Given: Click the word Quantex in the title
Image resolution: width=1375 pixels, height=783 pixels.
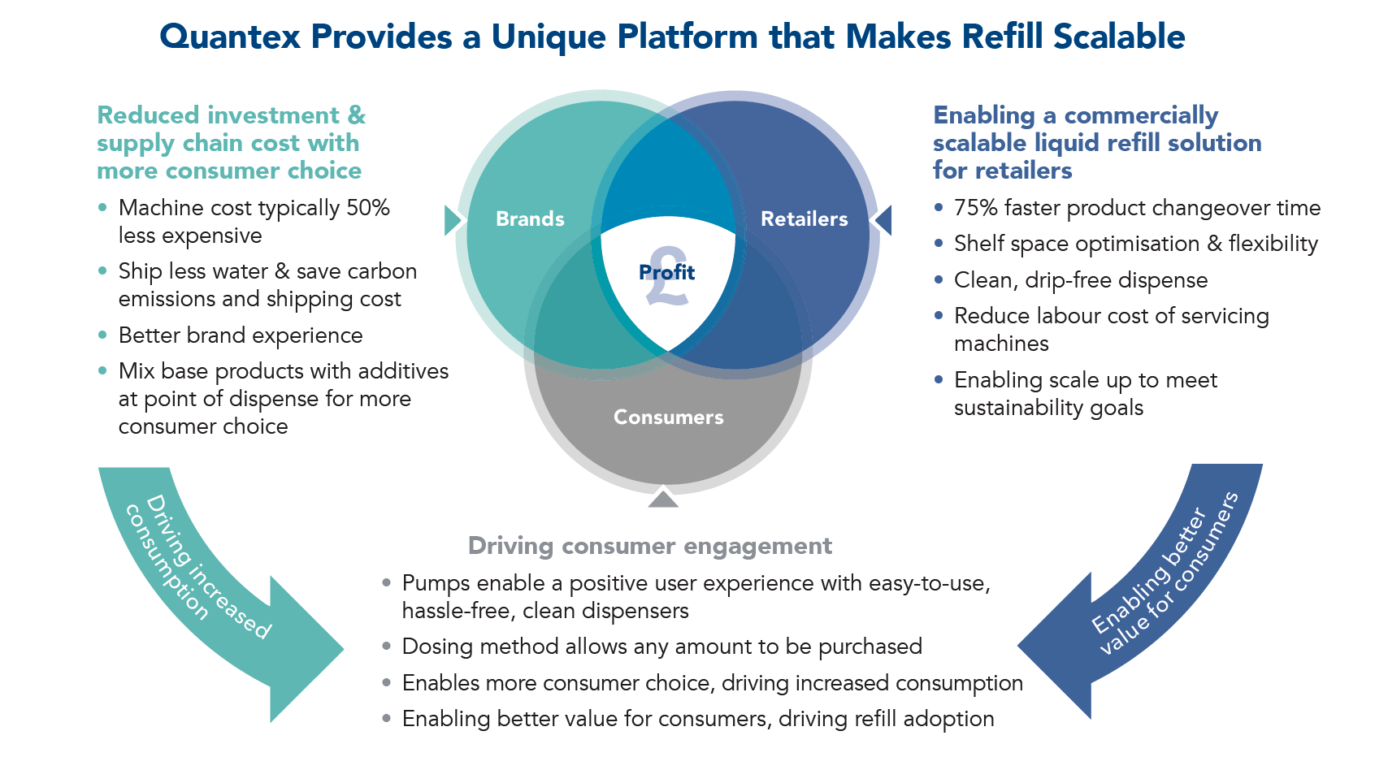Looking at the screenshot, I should [x=229, y=37].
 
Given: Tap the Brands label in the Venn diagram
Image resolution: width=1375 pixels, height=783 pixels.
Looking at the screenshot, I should [x=530, y=219].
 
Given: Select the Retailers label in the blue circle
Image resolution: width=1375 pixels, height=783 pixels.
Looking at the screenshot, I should [x=804, y=219].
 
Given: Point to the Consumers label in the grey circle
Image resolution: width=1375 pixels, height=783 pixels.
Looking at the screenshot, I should [x=668, y=417].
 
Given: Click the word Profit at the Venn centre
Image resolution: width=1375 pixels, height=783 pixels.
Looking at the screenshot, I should [x=666, y=272].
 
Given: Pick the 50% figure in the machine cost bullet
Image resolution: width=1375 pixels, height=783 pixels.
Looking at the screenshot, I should [x=368, y=208].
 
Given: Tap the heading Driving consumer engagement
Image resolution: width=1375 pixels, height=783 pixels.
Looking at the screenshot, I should [x=649, y=546].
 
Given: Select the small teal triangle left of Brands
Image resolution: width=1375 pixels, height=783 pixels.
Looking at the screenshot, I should [x=452, y=220].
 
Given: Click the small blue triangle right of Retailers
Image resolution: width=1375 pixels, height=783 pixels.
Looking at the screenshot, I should [x=883, y=220].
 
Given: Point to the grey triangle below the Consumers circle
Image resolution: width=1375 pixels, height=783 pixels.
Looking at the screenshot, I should [x=663, y=499].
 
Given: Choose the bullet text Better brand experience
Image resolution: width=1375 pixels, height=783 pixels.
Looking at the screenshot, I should [x=241, y=335].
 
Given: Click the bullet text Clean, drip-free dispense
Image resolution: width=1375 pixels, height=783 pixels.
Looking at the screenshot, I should [x=1081, y=280].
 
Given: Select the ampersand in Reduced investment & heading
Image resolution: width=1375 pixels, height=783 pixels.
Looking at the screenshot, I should [x=356, y=115].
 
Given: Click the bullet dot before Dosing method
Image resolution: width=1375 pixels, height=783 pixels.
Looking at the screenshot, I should [x=387, y=647].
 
